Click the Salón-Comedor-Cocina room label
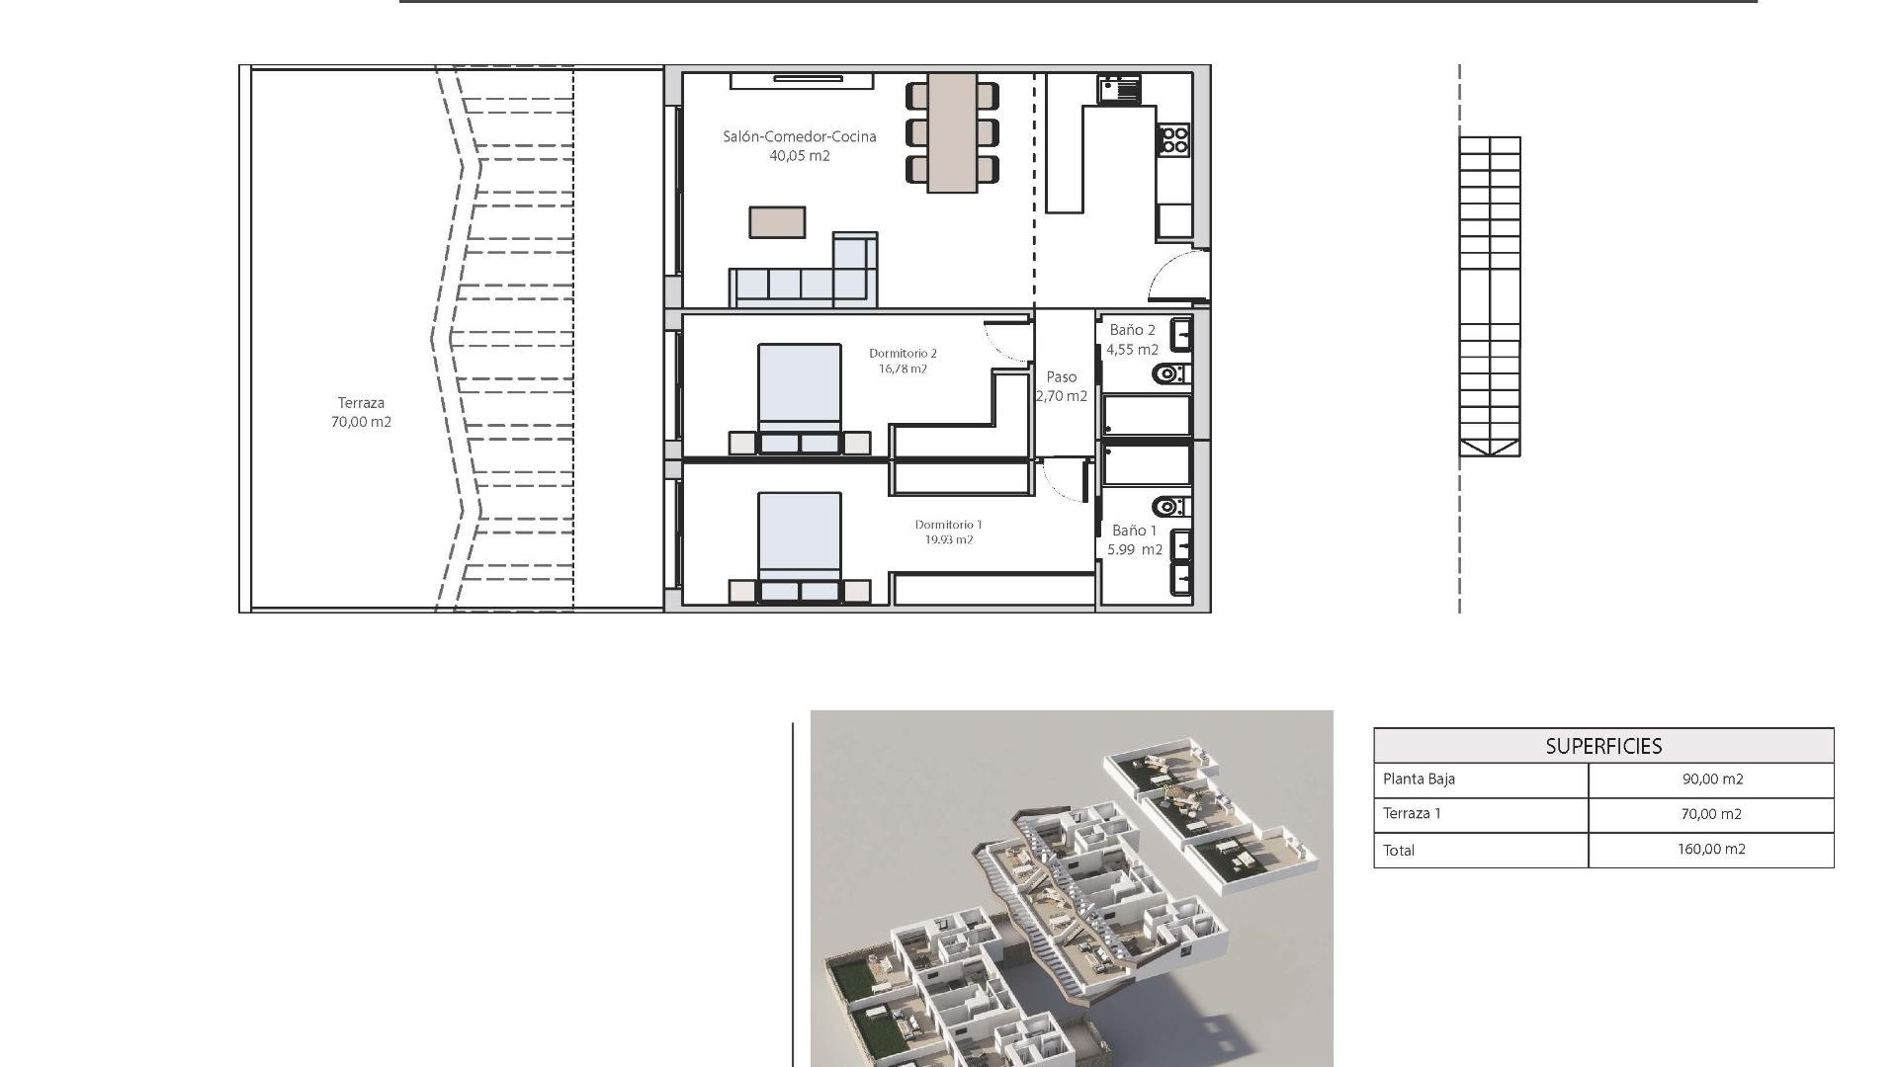(799, 137)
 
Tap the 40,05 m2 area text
(799, 156)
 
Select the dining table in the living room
(952, 132)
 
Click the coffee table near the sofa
(777, 222)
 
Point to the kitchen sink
(1118, 89)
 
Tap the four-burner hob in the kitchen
(1174, 139)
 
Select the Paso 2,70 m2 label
(1062, 386)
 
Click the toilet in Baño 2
(1170, 374)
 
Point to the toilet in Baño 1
(1170, 507)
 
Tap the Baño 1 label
(1134, 531)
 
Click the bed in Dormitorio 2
(799, 395)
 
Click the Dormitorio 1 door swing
(1063, 482)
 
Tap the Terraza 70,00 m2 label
(361, 412)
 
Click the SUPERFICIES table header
(1603, 746)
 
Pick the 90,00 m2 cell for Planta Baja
(1712, 780)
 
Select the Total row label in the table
(1399, 851)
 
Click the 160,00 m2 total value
(1711, 850)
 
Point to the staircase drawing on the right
(1490, 296)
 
